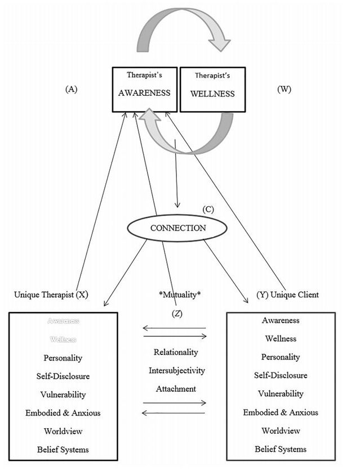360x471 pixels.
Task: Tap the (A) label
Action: (x=72, y=89)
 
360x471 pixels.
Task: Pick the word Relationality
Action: (x=176, y=352)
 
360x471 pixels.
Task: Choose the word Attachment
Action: (x=176, y=389)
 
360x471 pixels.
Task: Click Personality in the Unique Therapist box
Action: (x=63, y=358)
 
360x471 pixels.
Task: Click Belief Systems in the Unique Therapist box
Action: (x=63, y=450)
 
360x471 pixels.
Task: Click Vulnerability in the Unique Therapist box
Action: (x=63, y=394)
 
